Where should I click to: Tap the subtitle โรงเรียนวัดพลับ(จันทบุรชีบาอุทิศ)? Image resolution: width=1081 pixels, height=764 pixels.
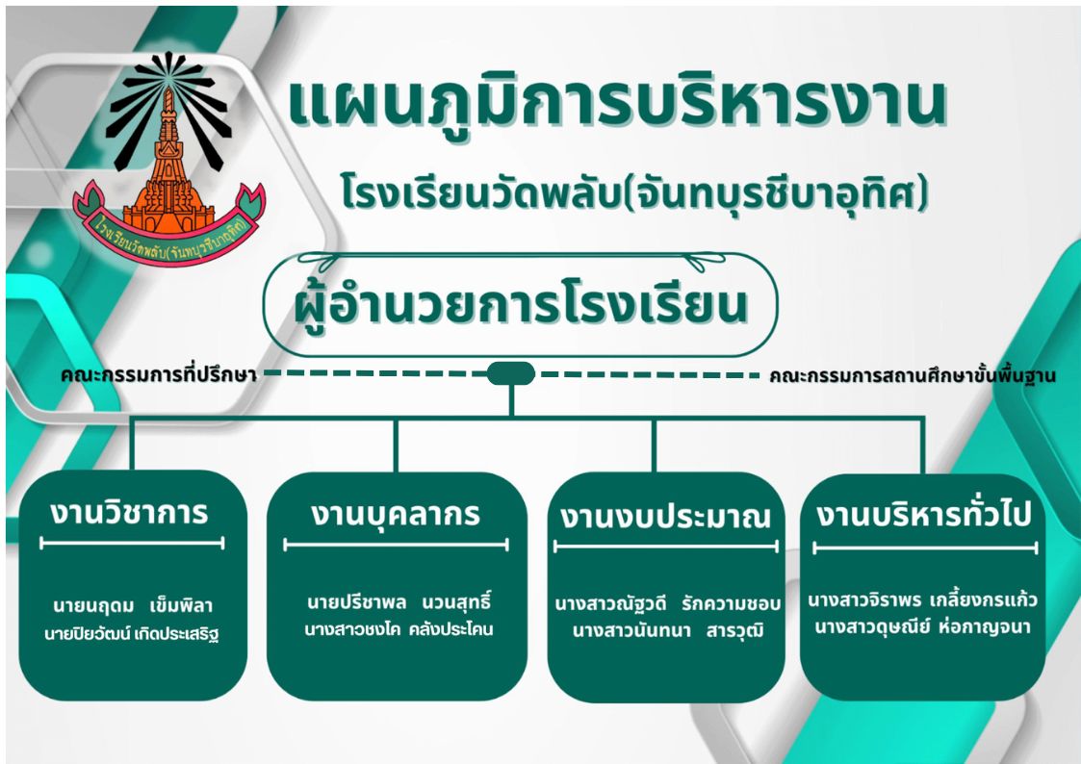(x=635, y=192)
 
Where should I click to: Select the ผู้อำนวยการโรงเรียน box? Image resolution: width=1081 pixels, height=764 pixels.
(x=521, y=305)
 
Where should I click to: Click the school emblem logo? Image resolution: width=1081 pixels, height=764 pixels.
(x=168, y=158)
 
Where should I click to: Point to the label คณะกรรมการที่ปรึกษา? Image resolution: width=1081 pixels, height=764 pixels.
(x=159, y=375)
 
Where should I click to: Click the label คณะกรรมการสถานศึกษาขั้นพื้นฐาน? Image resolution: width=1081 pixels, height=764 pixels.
(x=913, y=375)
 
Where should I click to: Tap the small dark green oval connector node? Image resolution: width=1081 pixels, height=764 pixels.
(x=511, y=373)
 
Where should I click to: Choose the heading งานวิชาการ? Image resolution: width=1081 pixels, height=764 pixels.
(x=129, y=513)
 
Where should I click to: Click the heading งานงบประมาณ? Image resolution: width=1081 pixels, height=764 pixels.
(x=665, y=517)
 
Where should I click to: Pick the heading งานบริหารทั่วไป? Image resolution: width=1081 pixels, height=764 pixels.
(x=924, y=514)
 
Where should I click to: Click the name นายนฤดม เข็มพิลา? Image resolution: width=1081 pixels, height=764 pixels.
(x=133, y=606)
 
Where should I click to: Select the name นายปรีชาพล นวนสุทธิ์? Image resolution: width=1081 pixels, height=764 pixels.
(x=399, y=601)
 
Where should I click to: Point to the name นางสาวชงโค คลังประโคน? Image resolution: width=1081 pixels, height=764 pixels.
(x=399, y=629)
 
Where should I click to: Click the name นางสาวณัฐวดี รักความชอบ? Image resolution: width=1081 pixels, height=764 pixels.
(x=667, y=603)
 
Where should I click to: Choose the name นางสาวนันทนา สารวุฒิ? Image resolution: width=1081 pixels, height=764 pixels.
(x=668, y=630)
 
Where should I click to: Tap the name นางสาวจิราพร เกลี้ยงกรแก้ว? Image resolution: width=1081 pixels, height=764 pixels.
(x=922, y=599)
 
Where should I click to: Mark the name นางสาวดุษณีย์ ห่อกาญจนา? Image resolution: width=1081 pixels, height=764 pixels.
(x=922, y=627)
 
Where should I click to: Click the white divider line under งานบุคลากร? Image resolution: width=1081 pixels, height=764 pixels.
(x=396, y=545)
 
